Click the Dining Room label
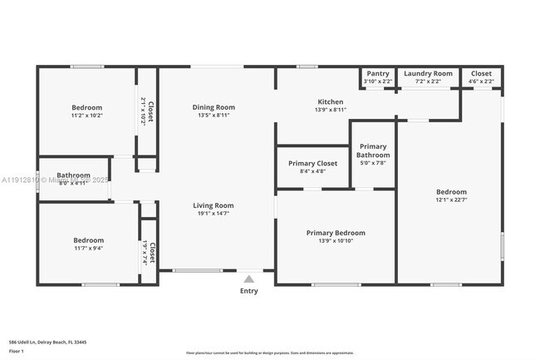214,107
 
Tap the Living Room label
214,205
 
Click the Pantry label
377,74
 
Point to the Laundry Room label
428,74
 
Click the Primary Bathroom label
373,150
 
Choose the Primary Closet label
312,164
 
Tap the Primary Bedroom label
335,233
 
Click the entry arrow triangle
249,279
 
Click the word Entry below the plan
249,291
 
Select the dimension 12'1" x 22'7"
451,200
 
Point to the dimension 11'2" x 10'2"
86,116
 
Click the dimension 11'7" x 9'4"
87,248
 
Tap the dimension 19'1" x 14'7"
214,214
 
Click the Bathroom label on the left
73,175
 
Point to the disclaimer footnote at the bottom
270,353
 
